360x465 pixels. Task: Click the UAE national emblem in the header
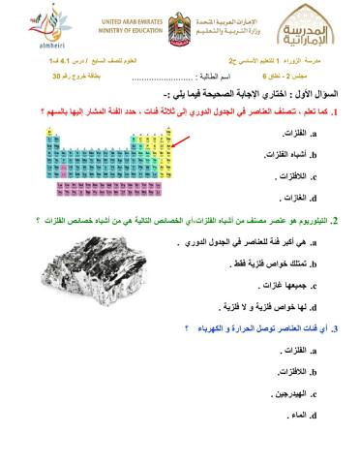tap(177, 23)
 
